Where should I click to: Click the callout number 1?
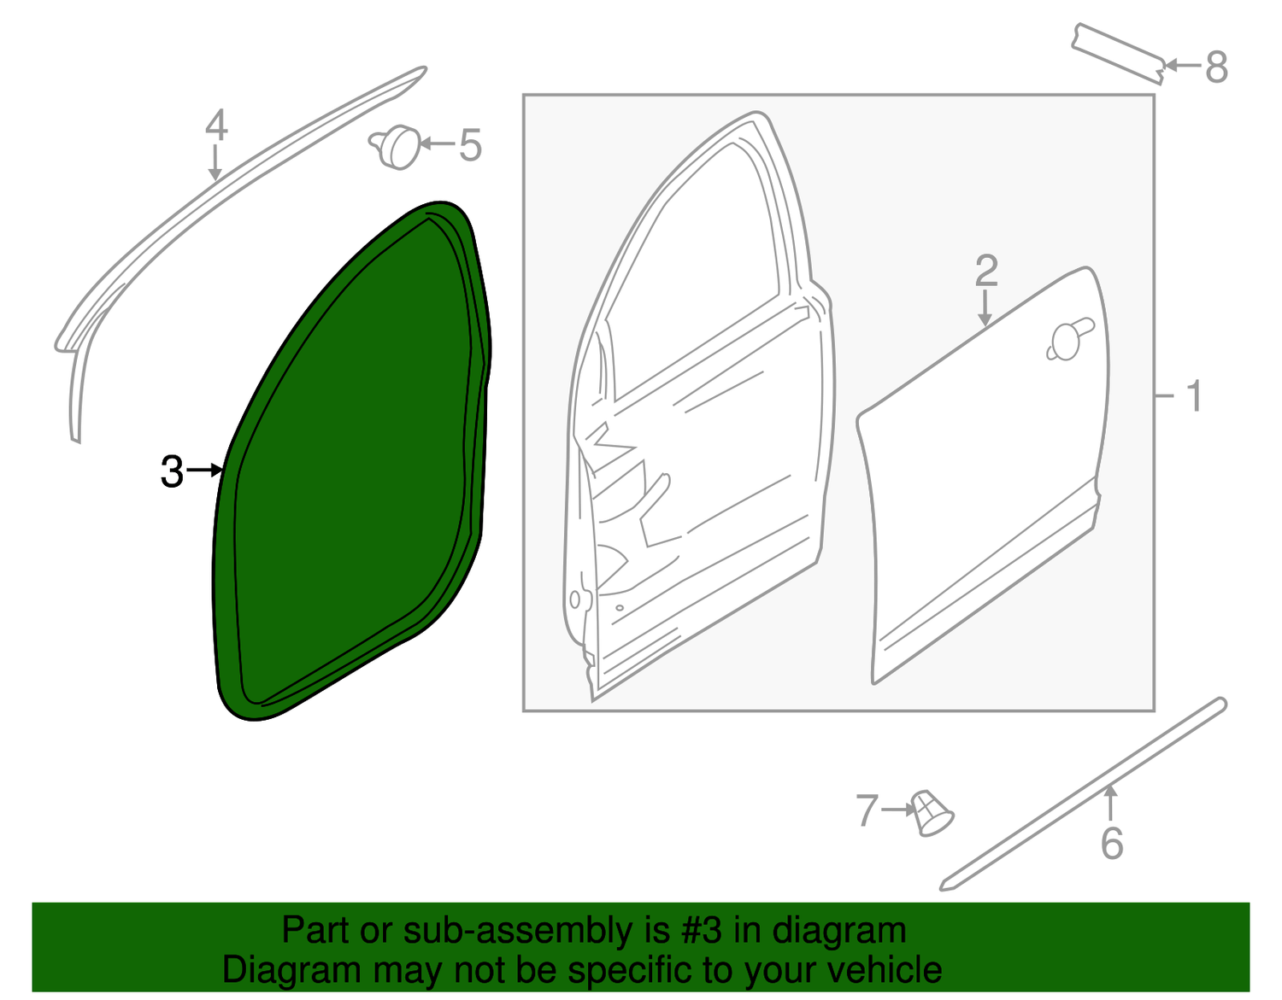tap(1193, 396)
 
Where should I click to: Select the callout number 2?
tap(986, 271)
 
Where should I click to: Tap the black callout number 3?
tap(173, 471)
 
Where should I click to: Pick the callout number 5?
tap(470, 145)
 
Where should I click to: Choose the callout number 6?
tap(1112, 843)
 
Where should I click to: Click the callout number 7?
tap(867, 810)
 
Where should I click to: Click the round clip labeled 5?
tap(395, 148)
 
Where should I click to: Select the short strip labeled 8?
tap(1118, 54)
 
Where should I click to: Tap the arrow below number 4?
tap(215, 162)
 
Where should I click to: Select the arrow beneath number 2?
tap(984, 307)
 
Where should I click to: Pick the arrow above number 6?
tap(1111, 804)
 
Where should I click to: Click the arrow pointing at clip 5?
tap(438, 143)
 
